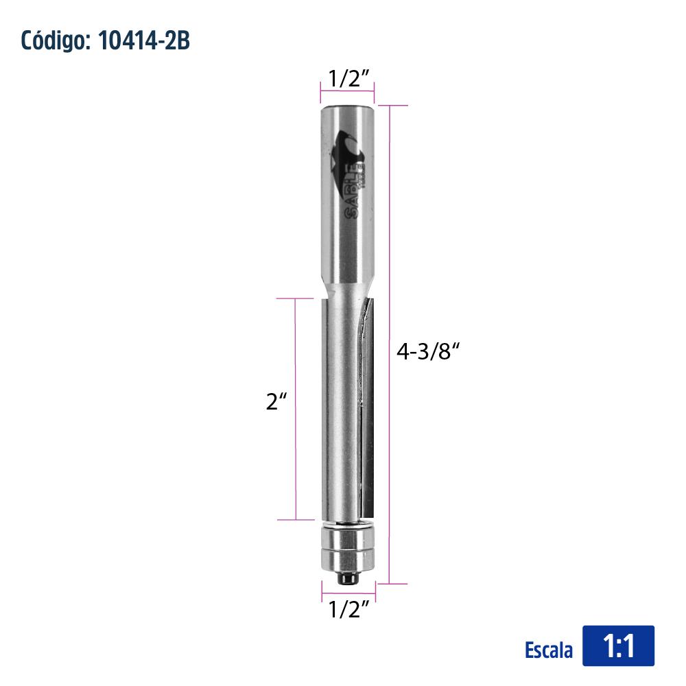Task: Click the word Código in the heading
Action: [55, 40]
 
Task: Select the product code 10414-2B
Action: [144, 40]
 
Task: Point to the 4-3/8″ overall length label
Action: [428, 351]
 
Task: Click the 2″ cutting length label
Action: [276, 401]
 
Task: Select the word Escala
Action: [549, 650]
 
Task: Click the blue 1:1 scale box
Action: [618, 646]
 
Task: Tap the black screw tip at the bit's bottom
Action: [348, 578]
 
